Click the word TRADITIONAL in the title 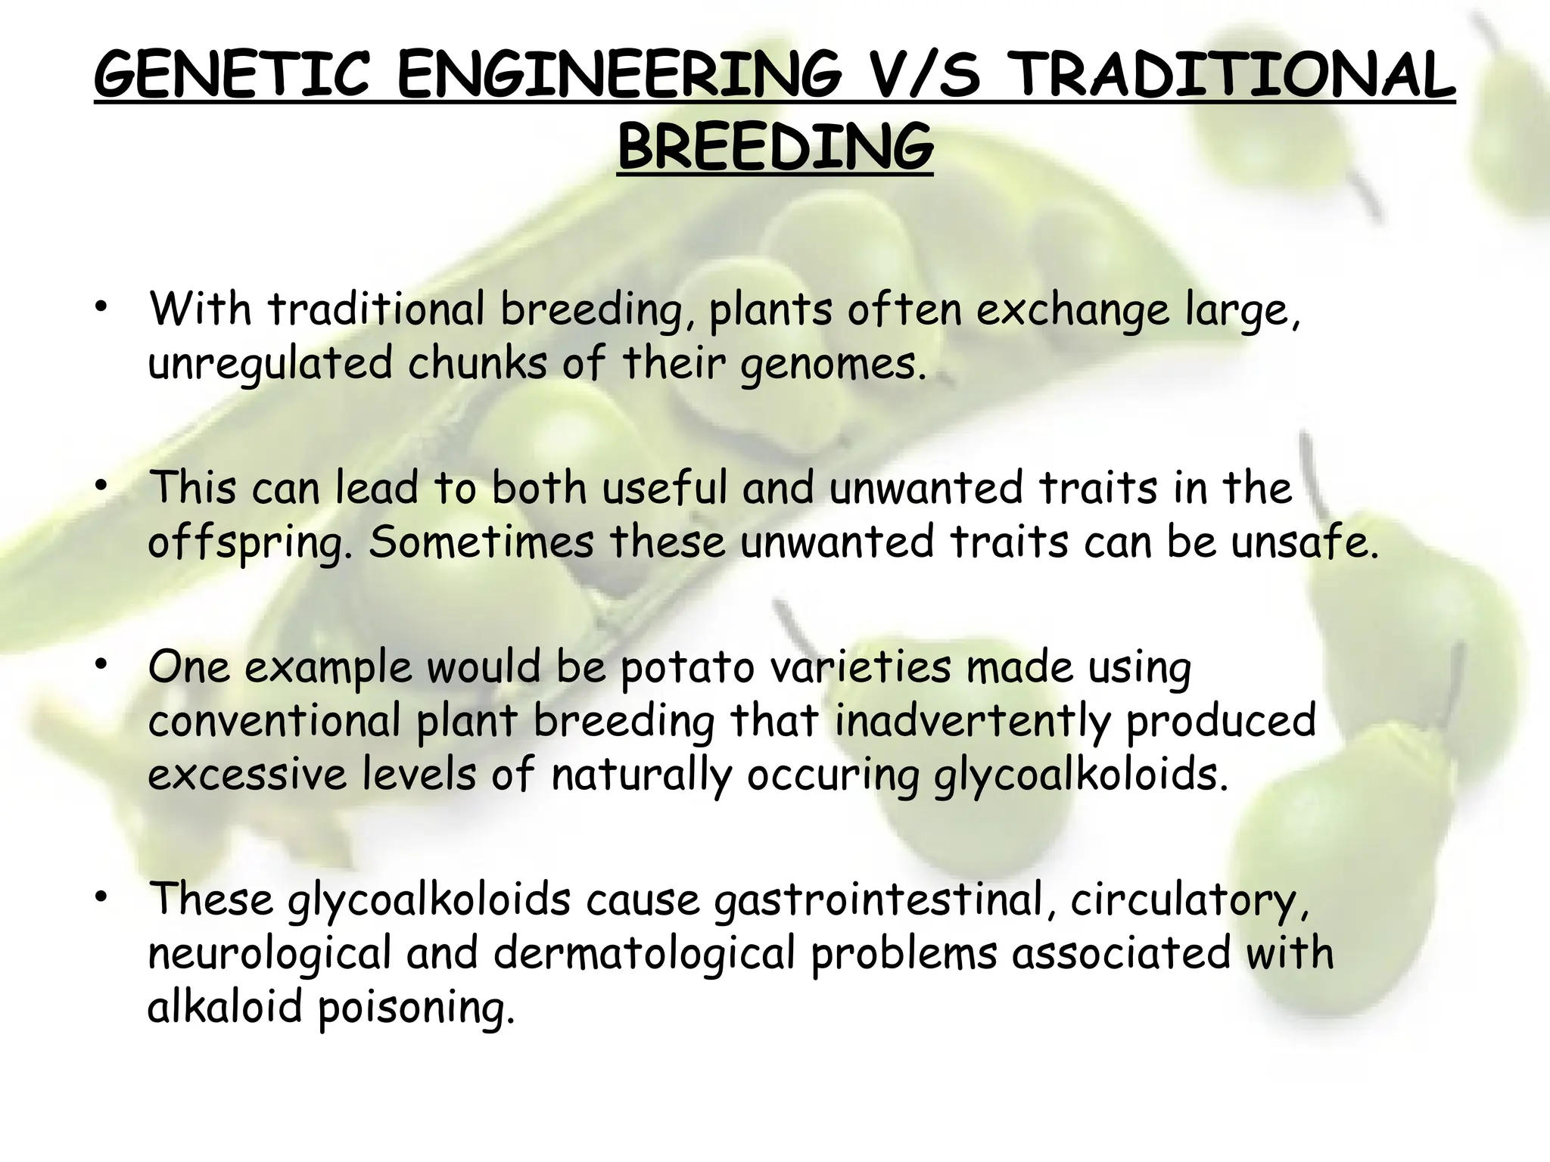pyautogui.click(x=1234, y=76)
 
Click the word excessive pyautogui.click(x=246, y=775)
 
